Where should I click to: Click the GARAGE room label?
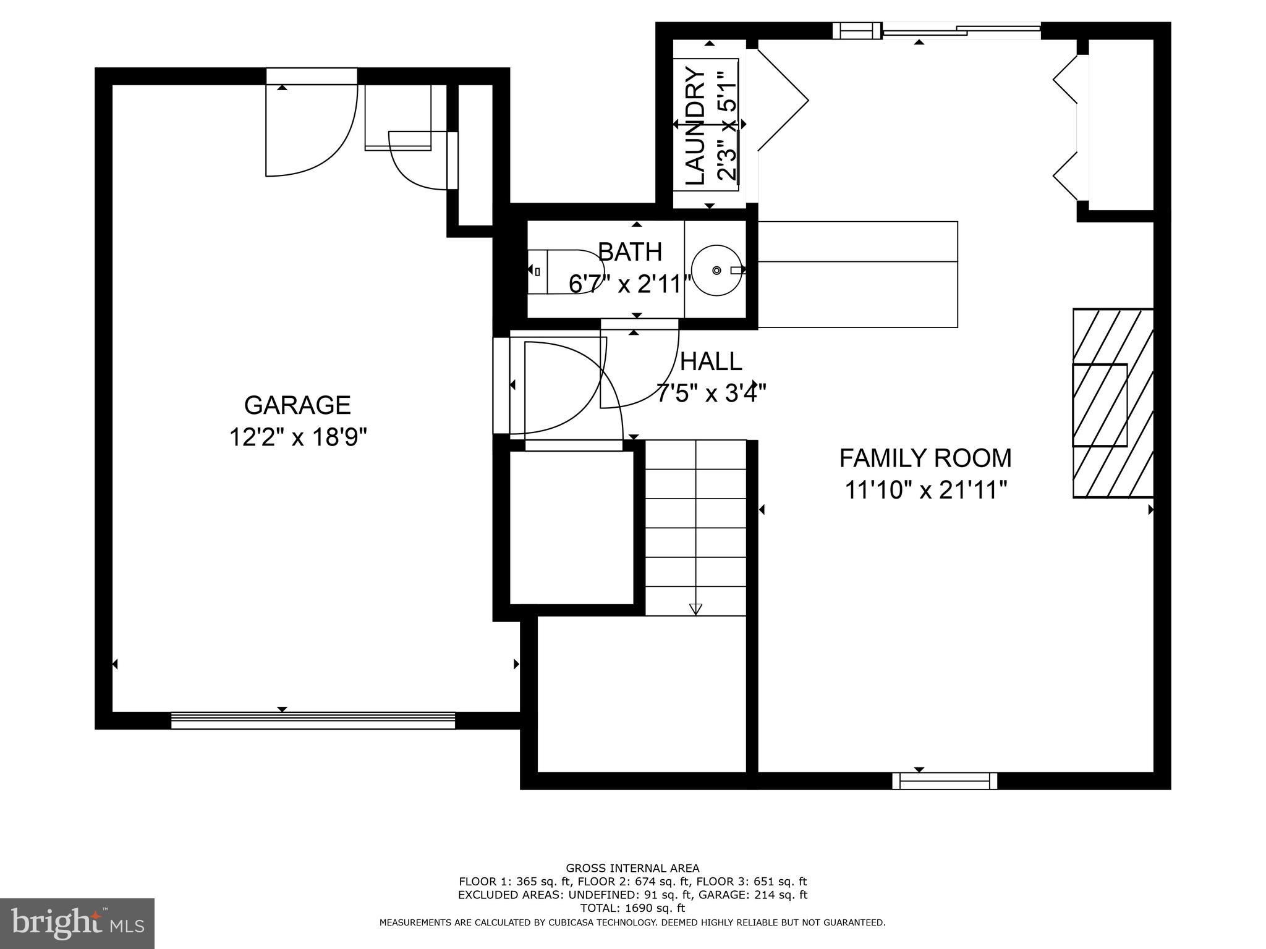297,405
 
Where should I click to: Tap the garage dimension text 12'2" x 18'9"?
298,438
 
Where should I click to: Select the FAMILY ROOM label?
925,458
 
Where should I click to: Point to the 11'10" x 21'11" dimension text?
925,491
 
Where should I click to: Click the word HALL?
711,361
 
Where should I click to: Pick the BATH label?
630,252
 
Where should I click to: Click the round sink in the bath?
716,271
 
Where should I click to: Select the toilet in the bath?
566,271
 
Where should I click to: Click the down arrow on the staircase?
695,609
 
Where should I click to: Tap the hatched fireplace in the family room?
1113,403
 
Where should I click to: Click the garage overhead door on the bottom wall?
313,720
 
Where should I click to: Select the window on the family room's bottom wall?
945,781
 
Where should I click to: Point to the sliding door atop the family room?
961,31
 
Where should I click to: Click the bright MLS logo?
77,923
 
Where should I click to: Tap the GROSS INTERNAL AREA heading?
632,868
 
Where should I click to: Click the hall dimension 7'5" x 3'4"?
711,393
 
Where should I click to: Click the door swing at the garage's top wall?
311,130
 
